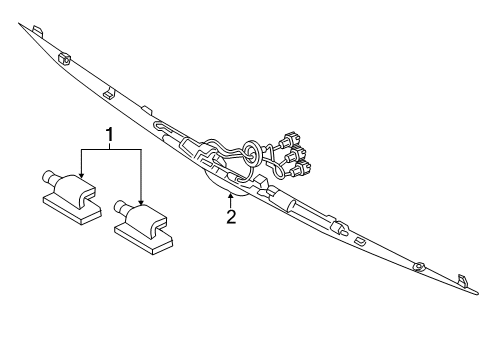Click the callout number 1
(x=110, y=132)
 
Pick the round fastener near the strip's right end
(x=419, y=266)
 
